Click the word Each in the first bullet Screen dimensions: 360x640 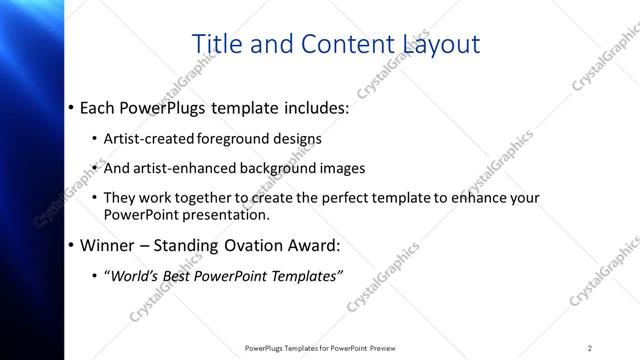coord(100,106)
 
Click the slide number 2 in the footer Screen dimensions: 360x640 coord(590,348)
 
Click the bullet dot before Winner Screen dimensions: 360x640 coord(70,245)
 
